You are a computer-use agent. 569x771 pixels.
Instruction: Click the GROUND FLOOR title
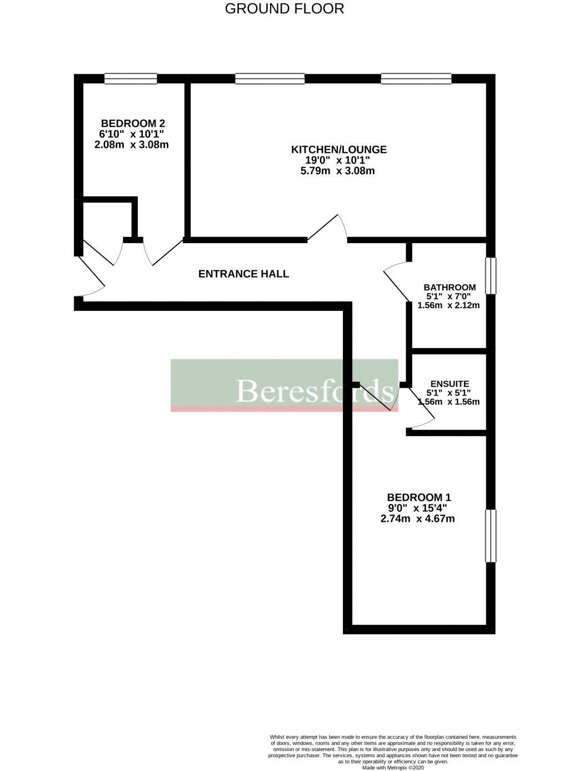point(284,8)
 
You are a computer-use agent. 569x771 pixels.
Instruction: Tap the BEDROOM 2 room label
point(133,123)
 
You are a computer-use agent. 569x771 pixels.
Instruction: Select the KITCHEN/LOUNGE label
point(339,149)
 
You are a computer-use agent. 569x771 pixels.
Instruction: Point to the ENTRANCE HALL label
point(243,274)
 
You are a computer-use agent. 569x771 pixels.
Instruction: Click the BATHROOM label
point(450,287)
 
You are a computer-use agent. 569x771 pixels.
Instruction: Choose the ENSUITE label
point(450,384)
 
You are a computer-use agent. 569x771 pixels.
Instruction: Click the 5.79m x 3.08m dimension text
point(337,171)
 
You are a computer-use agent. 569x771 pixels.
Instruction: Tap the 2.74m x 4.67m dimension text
point(417,519)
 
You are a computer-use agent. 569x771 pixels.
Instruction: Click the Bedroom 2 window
point(131,79)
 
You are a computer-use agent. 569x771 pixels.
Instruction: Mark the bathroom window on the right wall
point(491,275)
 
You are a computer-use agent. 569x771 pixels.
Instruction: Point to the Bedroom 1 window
point(491,536)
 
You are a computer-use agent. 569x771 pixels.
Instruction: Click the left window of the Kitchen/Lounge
point(269,79)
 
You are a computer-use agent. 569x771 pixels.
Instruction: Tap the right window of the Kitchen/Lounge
point(416,79)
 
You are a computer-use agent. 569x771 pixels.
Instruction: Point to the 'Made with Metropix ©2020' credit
point(393,767)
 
